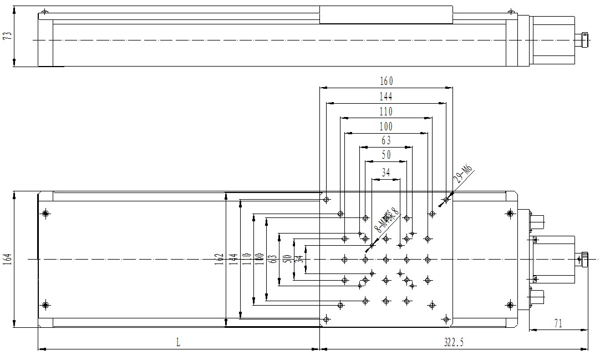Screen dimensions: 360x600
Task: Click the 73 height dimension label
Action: [7, 38]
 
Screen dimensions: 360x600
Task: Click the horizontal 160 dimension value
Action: [386, 82]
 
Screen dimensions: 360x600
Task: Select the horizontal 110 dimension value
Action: [386, 111]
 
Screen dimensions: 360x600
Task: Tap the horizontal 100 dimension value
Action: [386, 126]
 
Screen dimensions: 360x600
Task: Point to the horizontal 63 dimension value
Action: [386, 141]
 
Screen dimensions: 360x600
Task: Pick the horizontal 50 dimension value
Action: [386, 155]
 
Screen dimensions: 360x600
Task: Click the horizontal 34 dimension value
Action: [386, 173]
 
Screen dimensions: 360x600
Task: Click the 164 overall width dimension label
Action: [7, 259]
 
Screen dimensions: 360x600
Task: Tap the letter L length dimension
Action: [178, 343]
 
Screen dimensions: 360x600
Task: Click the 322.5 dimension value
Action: [454, 343]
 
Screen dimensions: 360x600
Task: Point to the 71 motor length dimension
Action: [558, 323]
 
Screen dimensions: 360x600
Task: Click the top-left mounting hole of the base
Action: [45, 213]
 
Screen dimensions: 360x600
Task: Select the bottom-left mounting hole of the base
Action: [45, 305]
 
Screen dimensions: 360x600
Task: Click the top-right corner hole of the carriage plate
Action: [446, 199]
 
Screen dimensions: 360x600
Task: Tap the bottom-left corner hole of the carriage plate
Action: [327, 318]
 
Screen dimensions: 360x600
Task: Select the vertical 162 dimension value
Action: [220, 259]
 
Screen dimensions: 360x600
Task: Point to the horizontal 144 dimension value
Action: [386, 97]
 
